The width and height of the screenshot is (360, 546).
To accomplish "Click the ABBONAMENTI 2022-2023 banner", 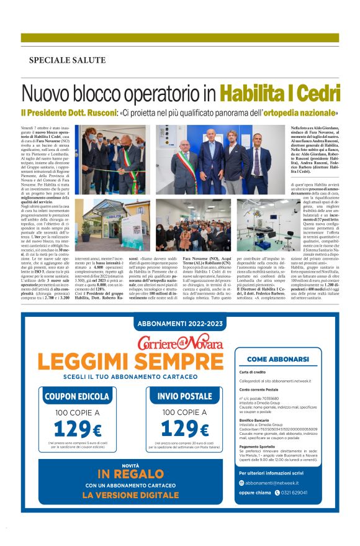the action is click(x=179, y=323).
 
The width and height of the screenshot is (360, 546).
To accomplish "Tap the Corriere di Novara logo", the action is click(x=179, y=341).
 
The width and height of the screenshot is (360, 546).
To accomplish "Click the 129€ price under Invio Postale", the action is click(x=184, y=429).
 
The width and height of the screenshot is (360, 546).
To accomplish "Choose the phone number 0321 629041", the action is click(x=292, y=510).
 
